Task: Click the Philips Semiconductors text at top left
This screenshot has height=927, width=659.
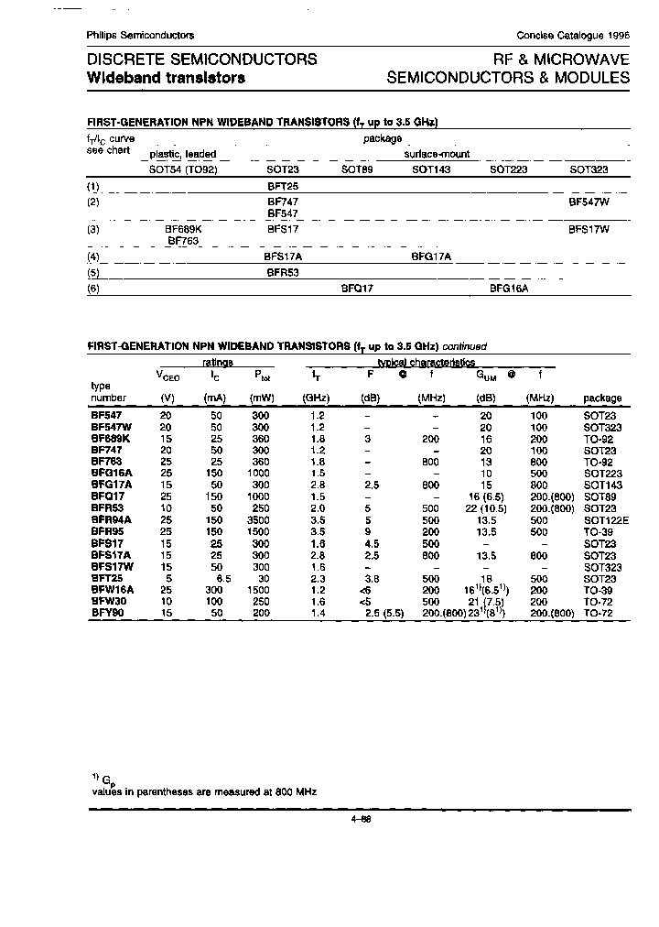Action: click(140, 35)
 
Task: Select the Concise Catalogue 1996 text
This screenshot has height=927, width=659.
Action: click(573, 35)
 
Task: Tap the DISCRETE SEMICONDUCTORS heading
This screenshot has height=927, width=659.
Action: click(201, 60)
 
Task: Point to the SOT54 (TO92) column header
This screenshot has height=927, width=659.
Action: click(183, 170)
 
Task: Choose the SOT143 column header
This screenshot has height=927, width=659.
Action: click(431, 170)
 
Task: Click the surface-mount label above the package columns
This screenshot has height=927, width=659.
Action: click(438, 155)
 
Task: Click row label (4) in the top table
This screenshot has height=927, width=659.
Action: click(92, 258)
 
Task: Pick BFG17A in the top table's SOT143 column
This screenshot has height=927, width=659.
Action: click(432, 257)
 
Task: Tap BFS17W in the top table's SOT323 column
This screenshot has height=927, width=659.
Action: click(589, 230)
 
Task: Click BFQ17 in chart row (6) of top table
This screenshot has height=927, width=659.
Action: click(357, 288)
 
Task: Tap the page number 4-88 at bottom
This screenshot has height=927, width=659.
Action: click(360, 820)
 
